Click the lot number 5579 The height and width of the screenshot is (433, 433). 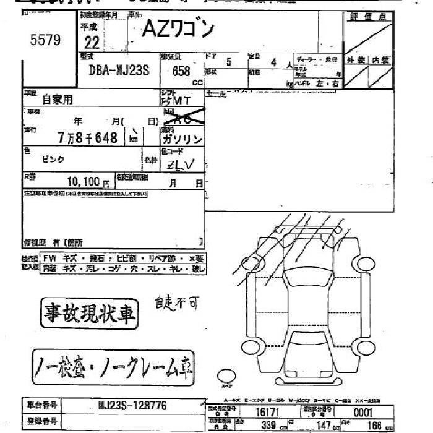click(x=45, y=40)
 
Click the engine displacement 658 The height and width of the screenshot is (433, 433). click(x=181, y=71)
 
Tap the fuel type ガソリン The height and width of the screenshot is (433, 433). click(x=182, y=139)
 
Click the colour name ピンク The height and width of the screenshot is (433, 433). click(x=53, y=159)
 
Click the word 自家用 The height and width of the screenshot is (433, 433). click(x=58, y=98)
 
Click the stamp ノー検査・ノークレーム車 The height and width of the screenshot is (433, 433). click(x=113, y=369)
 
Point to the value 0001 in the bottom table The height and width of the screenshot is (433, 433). click(x=362, y=412)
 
